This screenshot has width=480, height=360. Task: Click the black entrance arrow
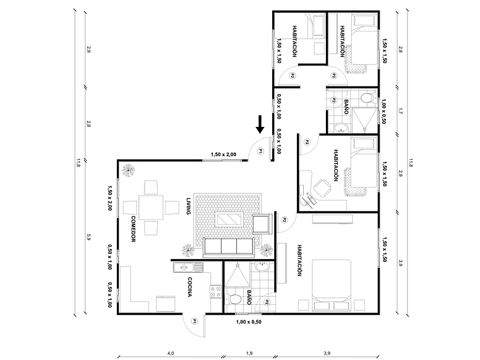[260, 124]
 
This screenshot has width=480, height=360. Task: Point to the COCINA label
[189, 287]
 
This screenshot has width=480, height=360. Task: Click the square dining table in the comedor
[152, 207]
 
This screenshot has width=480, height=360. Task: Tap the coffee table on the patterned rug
[229, 219]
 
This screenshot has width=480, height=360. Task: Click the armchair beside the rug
[261, 224]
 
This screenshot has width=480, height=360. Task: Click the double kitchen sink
[188, 267]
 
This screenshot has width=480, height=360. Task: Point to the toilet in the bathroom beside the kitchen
[235, 299]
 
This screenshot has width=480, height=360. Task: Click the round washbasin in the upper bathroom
[342, 129]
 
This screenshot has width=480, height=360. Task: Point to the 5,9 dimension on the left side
[89, 237]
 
